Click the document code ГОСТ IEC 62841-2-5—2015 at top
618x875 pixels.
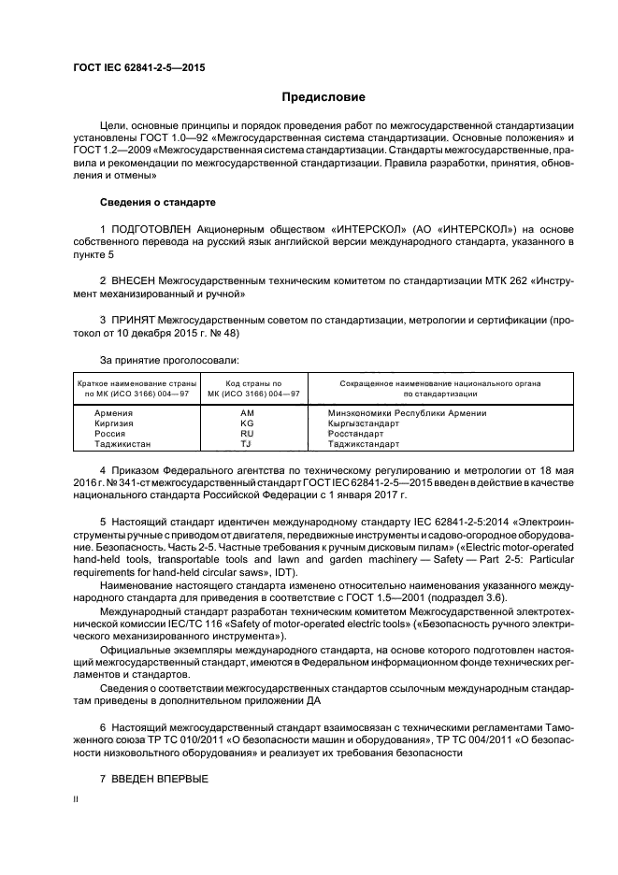[x=138, y=67]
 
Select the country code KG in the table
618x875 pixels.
[x=247, y=423]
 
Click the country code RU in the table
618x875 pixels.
[x=247, y=434]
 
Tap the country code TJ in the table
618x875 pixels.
[x=247, y=444]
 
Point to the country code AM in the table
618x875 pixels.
[x=247, y=413]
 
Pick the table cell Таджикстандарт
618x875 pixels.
[x=364, y=444]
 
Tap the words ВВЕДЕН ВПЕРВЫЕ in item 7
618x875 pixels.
[x=160, y=780]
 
